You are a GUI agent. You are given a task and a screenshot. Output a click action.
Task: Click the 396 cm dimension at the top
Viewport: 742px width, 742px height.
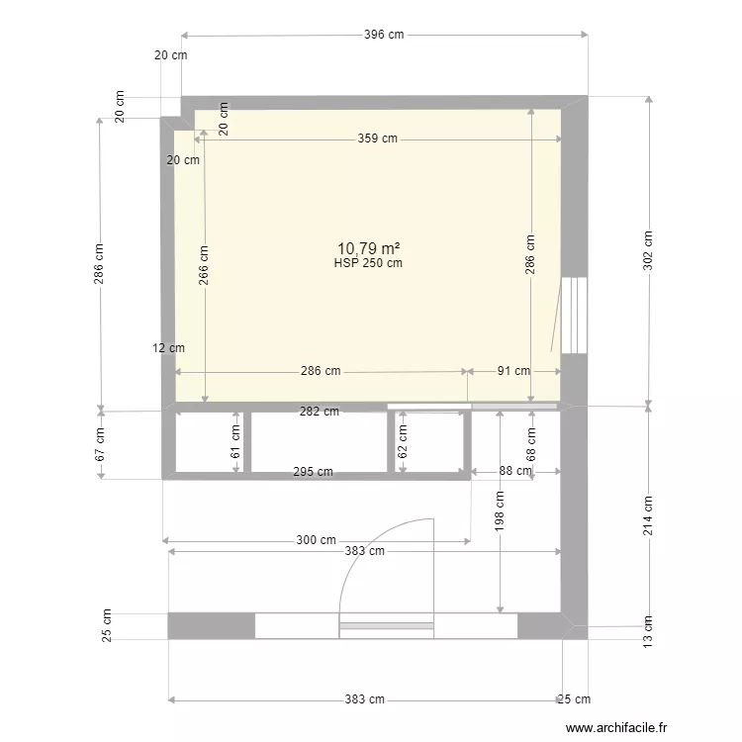coord(384,35)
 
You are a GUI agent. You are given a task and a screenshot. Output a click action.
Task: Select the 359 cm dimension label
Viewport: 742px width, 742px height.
coord(377,139)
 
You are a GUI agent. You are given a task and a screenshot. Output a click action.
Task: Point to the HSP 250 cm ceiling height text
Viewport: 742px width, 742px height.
coord(368,263)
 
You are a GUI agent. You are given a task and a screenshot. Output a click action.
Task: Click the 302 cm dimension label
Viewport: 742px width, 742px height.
coord(648,251)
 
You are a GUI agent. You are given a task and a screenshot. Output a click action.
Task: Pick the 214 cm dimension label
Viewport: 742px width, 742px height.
coord(648,514)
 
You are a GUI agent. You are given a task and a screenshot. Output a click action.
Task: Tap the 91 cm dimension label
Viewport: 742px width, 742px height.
coord(513,372)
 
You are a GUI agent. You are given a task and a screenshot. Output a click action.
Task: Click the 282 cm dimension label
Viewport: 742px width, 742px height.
coord(319,412)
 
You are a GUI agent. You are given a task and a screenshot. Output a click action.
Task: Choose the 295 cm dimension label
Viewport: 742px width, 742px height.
coord(313,472)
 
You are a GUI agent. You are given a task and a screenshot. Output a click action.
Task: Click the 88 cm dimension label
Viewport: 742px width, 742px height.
coord(514,472)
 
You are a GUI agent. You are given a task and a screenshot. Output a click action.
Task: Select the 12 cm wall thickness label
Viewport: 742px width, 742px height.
coord(168,348)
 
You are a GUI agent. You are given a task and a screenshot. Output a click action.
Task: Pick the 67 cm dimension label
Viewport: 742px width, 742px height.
coord(100,446)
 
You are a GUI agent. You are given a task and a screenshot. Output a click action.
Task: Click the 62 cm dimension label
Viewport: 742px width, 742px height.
coord(403,441)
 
